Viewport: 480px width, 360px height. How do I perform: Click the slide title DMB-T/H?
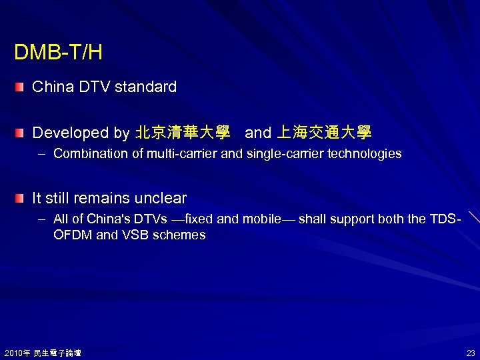(x=58, y=53)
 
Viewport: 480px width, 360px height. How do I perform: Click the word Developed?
(x=72, y=133)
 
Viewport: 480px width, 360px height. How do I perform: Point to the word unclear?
(x=161, y=199)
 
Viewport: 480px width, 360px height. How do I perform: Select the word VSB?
(x=133, y=235)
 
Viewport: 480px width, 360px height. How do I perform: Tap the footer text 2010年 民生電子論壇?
(x=43, y=353)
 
